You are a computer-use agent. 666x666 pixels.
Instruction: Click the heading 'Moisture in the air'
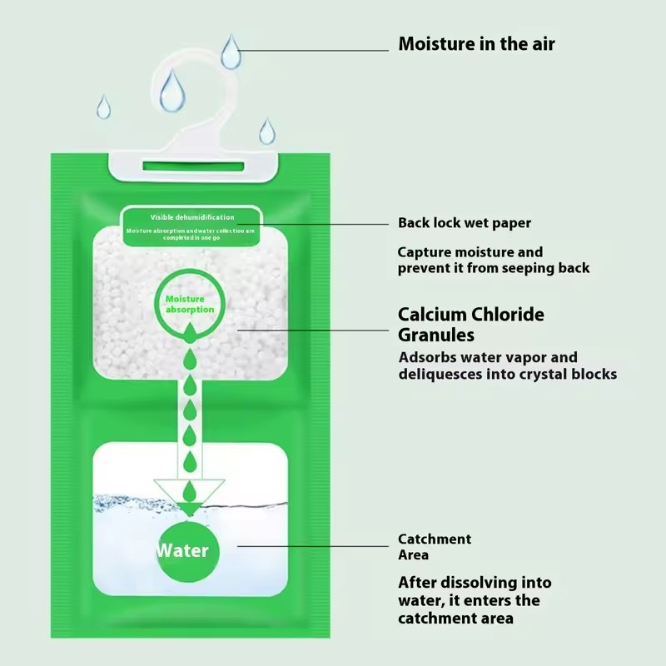click(x=476, y=43)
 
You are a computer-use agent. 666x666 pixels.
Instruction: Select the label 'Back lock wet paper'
click(x=464, y=223)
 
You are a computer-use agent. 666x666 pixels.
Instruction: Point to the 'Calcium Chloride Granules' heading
click(x=470, y=325)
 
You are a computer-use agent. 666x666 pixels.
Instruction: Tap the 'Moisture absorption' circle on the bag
click(x=189, y=303)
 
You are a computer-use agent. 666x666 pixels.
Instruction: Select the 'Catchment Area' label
click(x=434, y=547)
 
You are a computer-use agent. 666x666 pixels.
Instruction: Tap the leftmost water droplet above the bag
click(x=103, y=107)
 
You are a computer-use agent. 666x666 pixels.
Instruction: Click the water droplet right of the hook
click(x=266, y=131)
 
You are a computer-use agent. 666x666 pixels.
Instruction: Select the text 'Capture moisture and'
click(x=470, y=252)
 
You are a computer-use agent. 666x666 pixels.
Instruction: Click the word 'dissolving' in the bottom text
click(x=480, y=583)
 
